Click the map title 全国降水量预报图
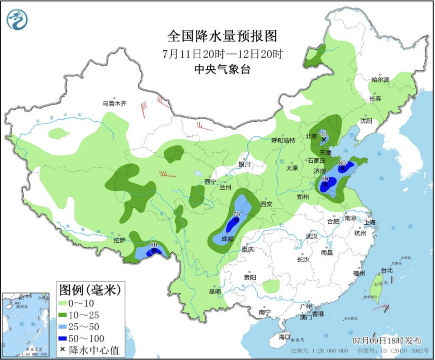(222, 36)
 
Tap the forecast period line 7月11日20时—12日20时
(223, 54)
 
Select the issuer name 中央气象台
(222, 69)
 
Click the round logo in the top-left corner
(17, 19)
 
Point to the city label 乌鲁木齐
(114, 103)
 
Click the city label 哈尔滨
(380, 80)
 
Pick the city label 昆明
(215, 291)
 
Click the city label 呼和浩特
(284, 141)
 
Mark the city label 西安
(266, 204)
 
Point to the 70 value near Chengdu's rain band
(236, 215)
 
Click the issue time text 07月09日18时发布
(387, 340)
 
